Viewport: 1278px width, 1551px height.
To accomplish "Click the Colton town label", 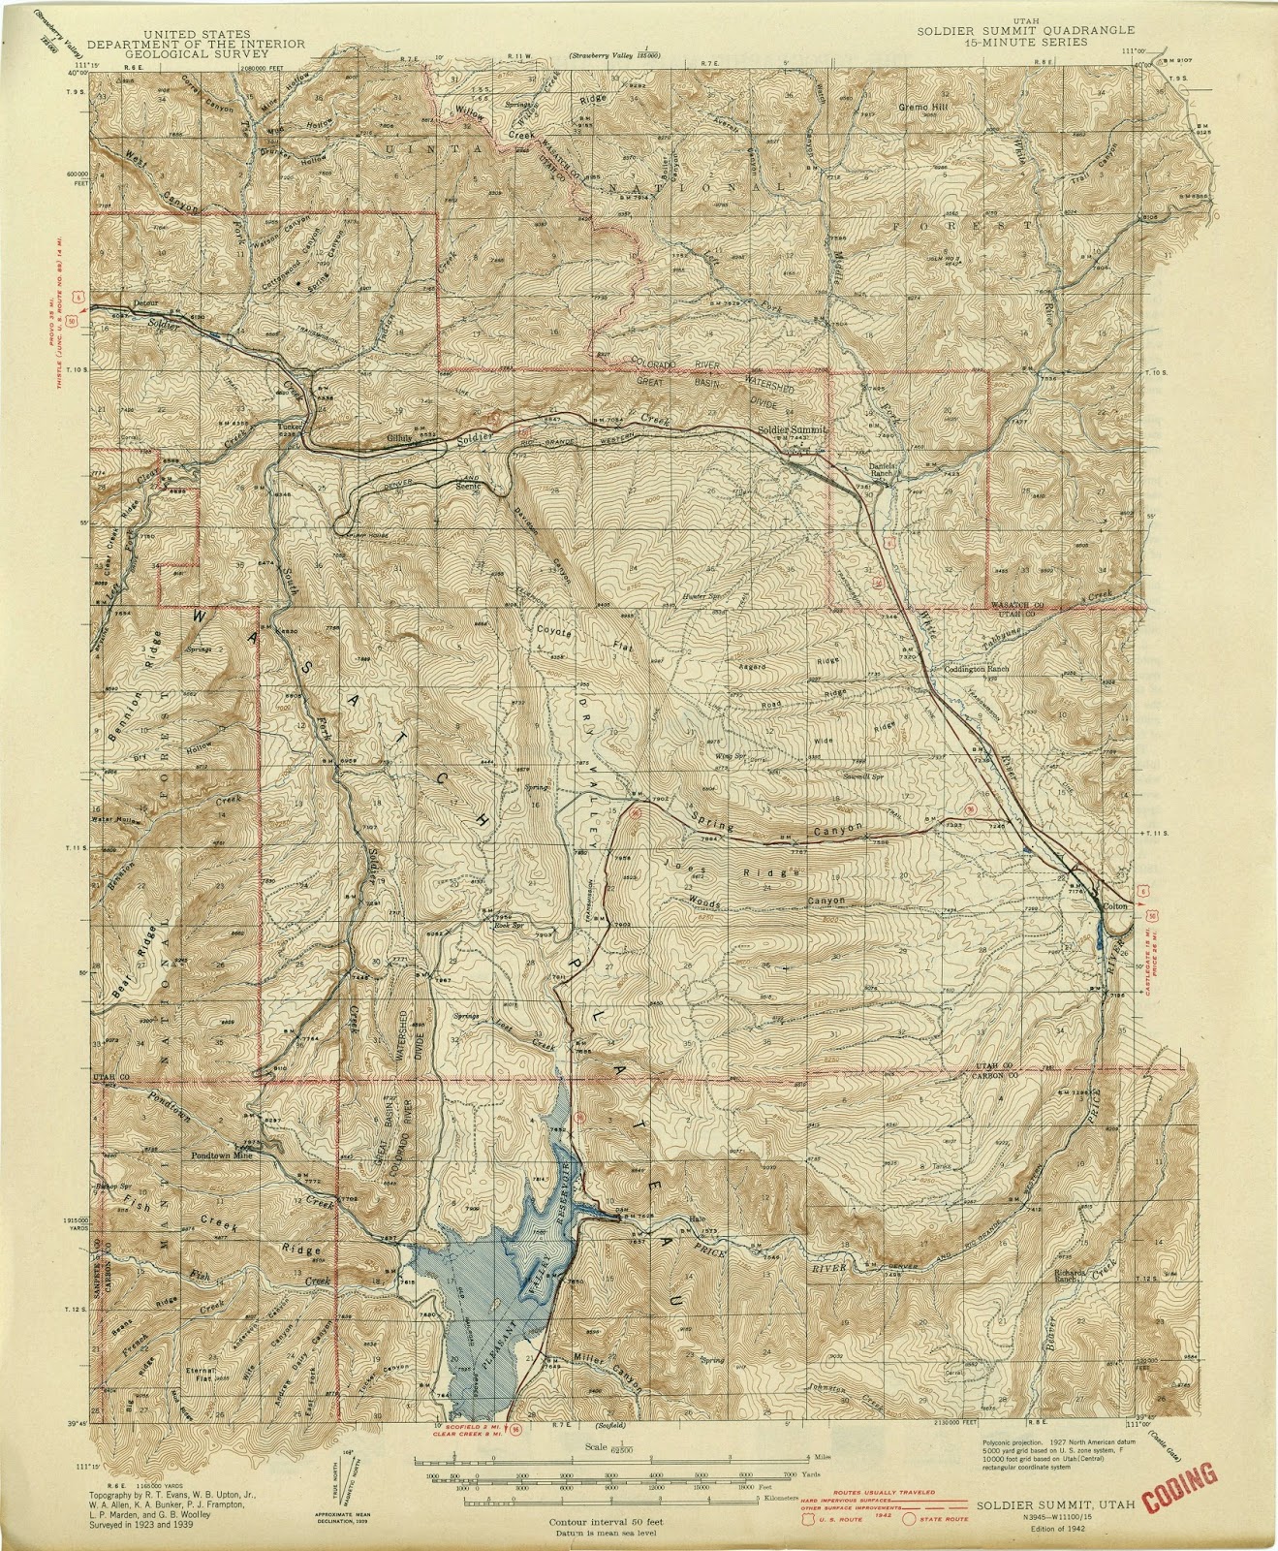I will coord(1114,904).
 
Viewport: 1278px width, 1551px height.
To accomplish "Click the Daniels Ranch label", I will coord(880,470).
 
